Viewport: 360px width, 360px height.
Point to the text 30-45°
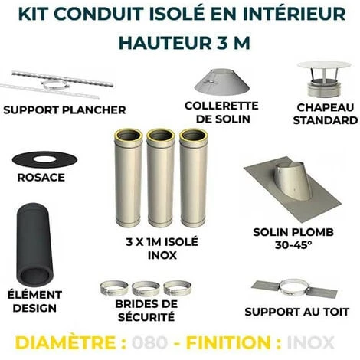pyautogui.click(x=296, y=246)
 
